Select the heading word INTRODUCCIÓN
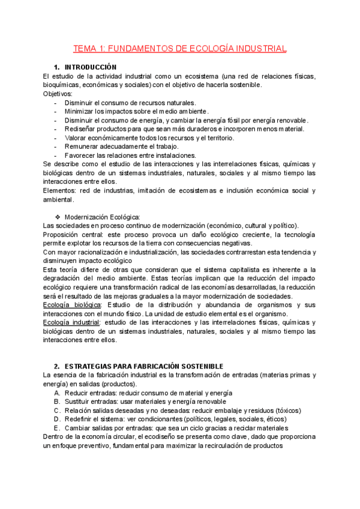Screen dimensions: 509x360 coord(91,67)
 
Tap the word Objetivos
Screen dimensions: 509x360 coord(57,94)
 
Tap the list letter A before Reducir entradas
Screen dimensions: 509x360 coord(56,393)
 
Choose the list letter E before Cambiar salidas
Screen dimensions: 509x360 coord(56,428)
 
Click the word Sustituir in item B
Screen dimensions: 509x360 coord(77,402)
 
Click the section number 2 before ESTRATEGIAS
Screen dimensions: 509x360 coord(56,366)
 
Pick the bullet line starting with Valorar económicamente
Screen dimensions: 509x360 coord(149,138)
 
